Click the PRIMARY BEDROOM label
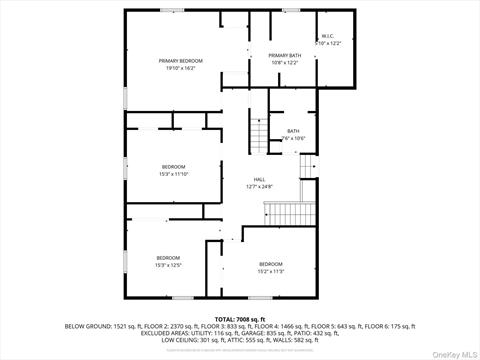point(180,62)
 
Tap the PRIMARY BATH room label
point(285,55)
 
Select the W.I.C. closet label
point(328,37)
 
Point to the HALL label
point(259,179)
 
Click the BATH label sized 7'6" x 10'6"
point(293,131)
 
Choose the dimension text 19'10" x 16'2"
point(180,69)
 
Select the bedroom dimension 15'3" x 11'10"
point(174,173)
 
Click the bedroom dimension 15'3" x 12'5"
point(167,265)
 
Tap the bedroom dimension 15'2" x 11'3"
point(271,271)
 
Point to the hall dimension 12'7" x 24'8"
point(259,186)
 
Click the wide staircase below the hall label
point(289,212)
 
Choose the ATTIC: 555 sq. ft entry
point(244,340)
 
